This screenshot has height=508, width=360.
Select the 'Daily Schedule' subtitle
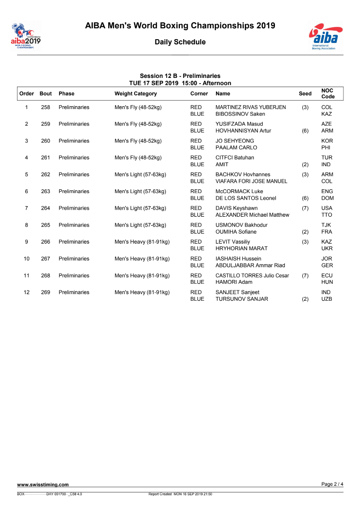(180, 42)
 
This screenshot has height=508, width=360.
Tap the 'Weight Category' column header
(136, 93)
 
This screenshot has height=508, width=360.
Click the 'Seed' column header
(305, 93)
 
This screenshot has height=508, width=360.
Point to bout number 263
(45, 191)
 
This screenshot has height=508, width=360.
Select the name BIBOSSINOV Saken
(240, 114)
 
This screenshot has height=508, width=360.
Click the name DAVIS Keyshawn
(237, 208)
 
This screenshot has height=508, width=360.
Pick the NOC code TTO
(326, 215)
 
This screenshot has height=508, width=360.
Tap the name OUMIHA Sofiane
(236, 232)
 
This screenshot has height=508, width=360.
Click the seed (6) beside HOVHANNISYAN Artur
(305, 131)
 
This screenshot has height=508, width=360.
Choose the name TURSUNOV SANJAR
(241, 299)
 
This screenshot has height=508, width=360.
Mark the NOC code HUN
(327, 282)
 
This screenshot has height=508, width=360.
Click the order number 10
(26, 259)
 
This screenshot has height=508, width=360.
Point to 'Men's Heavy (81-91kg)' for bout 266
(142, 242)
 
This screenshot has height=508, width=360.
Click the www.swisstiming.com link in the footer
(43, 484)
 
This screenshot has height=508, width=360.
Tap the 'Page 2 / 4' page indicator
(333, 484)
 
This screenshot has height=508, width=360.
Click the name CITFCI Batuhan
(234, 158)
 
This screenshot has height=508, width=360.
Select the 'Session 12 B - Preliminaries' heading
(180, 76)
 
